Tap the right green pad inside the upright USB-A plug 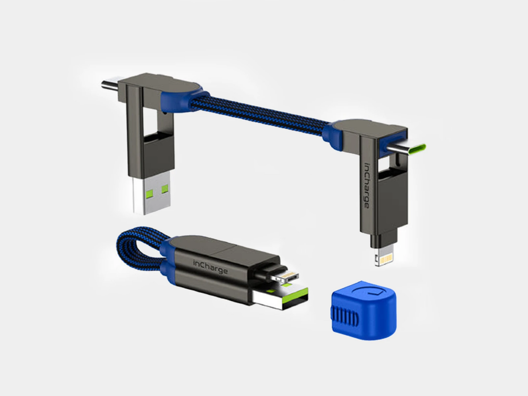point(165,189)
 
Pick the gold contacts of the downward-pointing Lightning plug point(385,260)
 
